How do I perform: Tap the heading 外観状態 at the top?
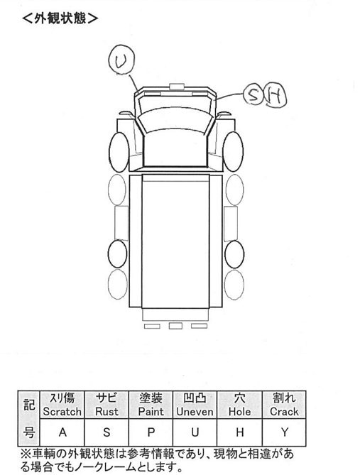pyautogui.click(x=60, y=18)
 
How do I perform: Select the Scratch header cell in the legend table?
pyautogui.click(x=62, y=405)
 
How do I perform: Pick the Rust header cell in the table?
pyautogui.click(x=107, y=405)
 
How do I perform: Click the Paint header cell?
pyautogui.click(x=151, y=405)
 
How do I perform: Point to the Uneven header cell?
pyautogui.click(x=195, y=405)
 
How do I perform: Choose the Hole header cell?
pyautogui.click(x=239, y=405)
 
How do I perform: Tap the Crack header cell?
pyautogui.click(x=284, y=405)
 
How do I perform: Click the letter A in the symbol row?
pyautogui.click(x=62, y=432)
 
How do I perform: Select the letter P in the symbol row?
pyautogui.click(x=151, y=432)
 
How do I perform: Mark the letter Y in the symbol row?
pyautogui.click(x=284, y=432)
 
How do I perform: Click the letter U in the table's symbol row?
pyautogui.click(x=195, y=432)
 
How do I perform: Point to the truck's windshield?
pyautogui.click(x=175, y=120)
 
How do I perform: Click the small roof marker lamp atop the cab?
pyautogui.click(x=177, y=87)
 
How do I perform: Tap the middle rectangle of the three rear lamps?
pyautogui.click(x=175, y=326)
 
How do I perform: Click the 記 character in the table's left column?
pyautogui.click(x=29, y=405)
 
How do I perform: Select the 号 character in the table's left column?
pyautogui.click(x=29, y=432)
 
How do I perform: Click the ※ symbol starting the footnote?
pyautogui.click(x=26, y=454)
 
